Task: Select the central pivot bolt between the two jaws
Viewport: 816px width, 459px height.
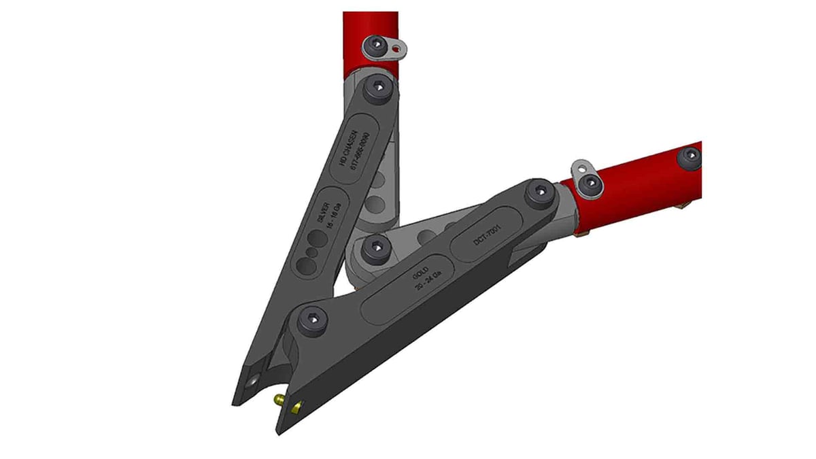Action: (x=375, y=249)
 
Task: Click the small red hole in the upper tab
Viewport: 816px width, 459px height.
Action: (x=396, y=48)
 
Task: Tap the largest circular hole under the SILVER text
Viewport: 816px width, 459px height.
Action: (x=318, y=242)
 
